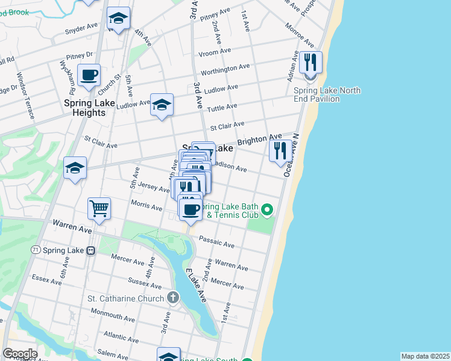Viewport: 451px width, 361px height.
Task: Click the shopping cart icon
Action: [x=99, y=209]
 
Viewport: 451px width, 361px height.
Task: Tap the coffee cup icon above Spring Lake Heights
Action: [x=89, y=75]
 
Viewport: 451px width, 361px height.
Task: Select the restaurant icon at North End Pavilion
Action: [x=311, y=63]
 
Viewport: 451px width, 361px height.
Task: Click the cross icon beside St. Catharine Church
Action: [x=173, y=298]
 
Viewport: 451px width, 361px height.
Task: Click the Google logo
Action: [x=20, y=354]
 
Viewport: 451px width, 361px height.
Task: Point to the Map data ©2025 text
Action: [x=424, y=356]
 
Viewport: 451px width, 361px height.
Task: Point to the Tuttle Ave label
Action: [x=222, y=108]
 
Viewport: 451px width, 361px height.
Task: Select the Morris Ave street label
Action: [x=147, y=206]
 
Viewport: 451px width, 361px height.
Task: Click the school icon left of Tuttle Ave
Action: [x=162, y=106]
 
